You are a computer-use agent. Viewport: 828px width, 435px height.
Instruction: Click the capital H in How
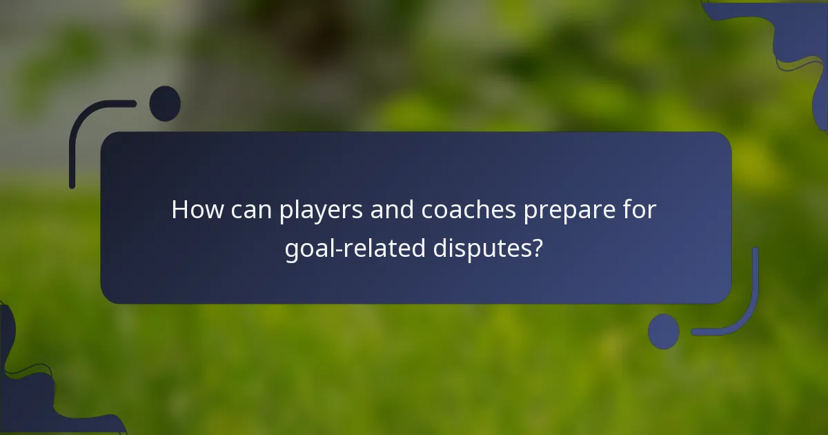coord(179,210)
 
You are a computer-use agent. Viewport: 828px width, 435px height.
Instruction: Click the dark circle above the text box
coord(165,104)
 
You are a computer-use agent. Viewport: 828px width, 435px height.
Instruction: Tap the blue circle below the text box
coord(664,331)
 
